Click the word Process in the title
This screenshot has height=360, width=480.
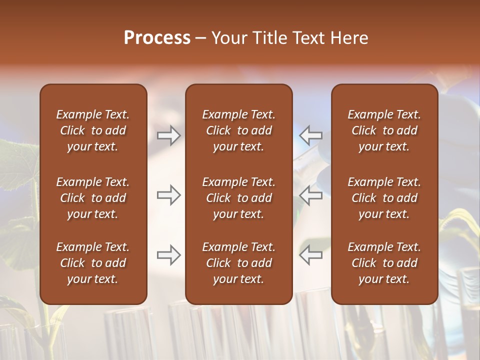coord(157,38)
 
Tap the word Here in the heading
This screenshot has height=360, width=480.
coord(349,38)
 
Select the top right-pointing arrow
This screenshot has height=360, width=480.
coord(169,135)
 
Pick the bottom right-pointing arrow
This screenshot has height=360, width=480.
coord(169,255)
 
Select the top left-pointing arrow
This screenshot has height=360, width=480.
coord(311,135)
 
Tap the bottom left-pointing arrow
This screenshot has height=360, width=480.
coord(311,255)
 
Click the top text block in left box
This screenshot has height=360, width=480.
coord(93,130)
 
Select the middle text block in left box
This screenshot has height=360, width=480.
coord(93,198)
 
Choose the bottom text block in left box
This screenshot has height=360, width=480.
coord(93,263)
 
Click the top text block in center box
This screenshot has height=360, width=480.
coord(238,130)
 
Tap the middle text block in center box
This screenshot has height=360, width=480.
coord(238,198)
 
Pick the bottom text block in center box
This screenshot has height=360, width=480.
coord(238,263)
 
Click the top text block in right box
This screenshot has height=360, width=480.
coord(384,130)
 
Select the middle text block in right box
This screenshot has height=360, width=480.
coord(384,198)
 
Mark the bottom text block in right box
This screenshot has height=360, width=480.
coord(384,263)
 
